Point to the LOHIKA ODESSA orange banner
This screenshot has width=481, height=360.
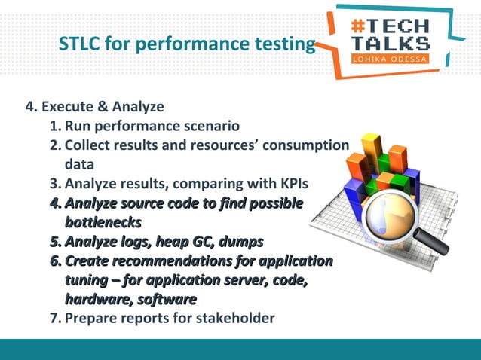(391, 59)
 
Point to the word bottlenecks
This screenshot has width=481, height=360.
(103, 223)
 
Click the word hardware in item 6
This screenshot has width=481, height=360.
(93, 300)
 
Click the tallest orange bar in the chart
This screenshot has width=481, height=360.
(371, 154)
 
